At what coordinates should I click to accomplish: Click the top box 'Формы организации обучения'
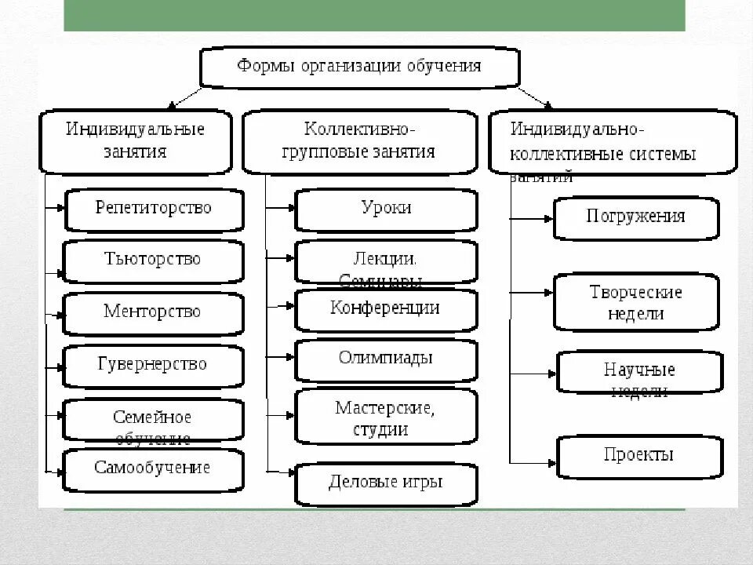[x=359, y=67]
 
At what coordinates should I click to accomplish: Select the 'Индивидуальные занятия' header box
[x=135, y=140]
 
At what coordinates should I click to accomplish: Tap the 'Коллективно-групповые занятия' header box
[x=359, y=140]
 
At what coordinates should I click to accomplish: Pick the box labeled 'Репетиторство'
[x=153, y=209]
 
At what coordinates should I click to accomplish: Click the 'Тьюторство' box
[x=153, y=260]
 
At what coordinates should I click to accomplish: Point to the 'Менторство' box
[x=153, y=312]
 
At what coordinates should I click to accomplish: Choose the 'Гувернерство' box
[x=153, y=365]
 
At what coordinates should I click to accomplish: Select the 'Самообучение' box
[x=153, y=469]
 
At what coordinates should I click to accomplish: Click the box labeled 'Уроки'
[x=386, y=209]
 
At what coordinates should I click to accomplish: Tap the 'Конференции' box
[x=386, y=309]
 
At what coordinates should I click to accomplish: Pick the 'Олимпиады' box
[x=386, y=359]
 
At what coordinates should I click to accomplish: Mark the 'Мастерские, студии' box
[x=386, y=417]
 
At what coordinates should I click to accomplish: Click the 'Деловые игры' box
[x=386, y=483]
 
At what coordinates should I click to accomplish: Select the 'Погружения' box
[x=635, y=217]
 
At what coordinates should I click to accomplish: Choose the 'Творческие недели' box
[x=635, y=302]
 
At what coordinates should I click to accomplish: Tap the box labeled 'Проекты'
[x=639, y=455]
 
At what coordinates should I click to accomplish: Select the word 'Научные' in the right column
[x=639, y=370]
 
